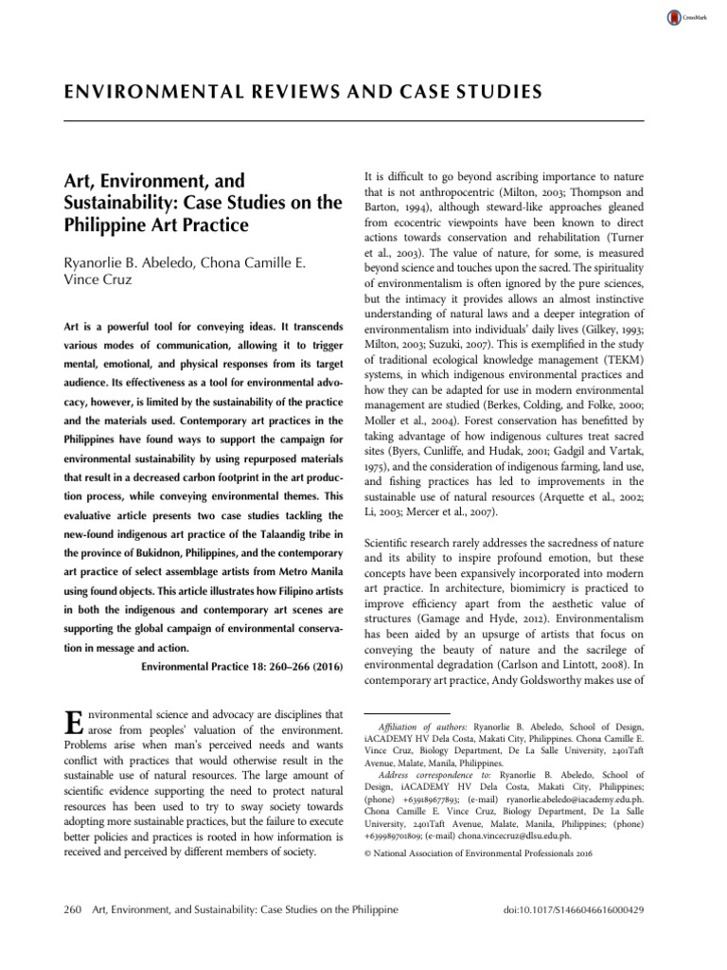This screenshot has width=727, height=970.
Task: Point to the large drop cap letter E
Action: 70,721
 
